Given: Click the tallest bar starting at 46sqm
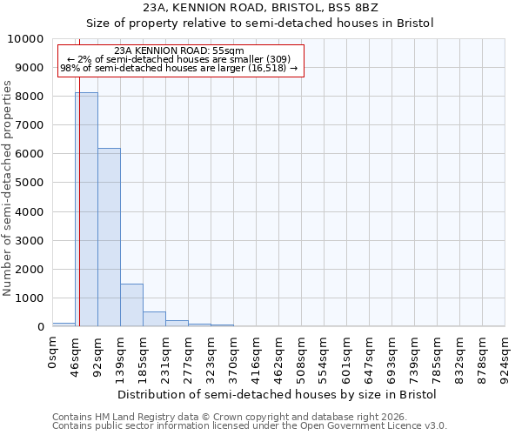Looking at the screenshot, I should point(86,209).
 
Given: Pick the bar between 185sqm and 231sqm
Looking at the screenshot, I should point(154,318).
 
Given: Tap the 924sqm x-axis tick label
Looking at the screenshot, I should point(505,356).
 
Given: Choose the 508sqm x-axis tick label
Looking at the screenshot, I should point(302,356).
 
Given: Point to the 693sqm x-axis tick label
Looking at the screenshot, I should point(392,356).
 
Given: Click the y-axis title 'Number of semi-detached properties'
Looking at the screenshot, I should point(8,187).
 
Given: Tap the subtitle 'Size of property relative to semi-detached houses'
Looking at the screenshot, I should point(260,23).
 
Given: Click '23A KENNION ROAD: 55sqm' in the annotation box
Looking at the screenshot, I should point(179,51).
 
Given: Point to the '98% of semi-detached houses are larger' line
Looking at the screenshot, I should point(179,68).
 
